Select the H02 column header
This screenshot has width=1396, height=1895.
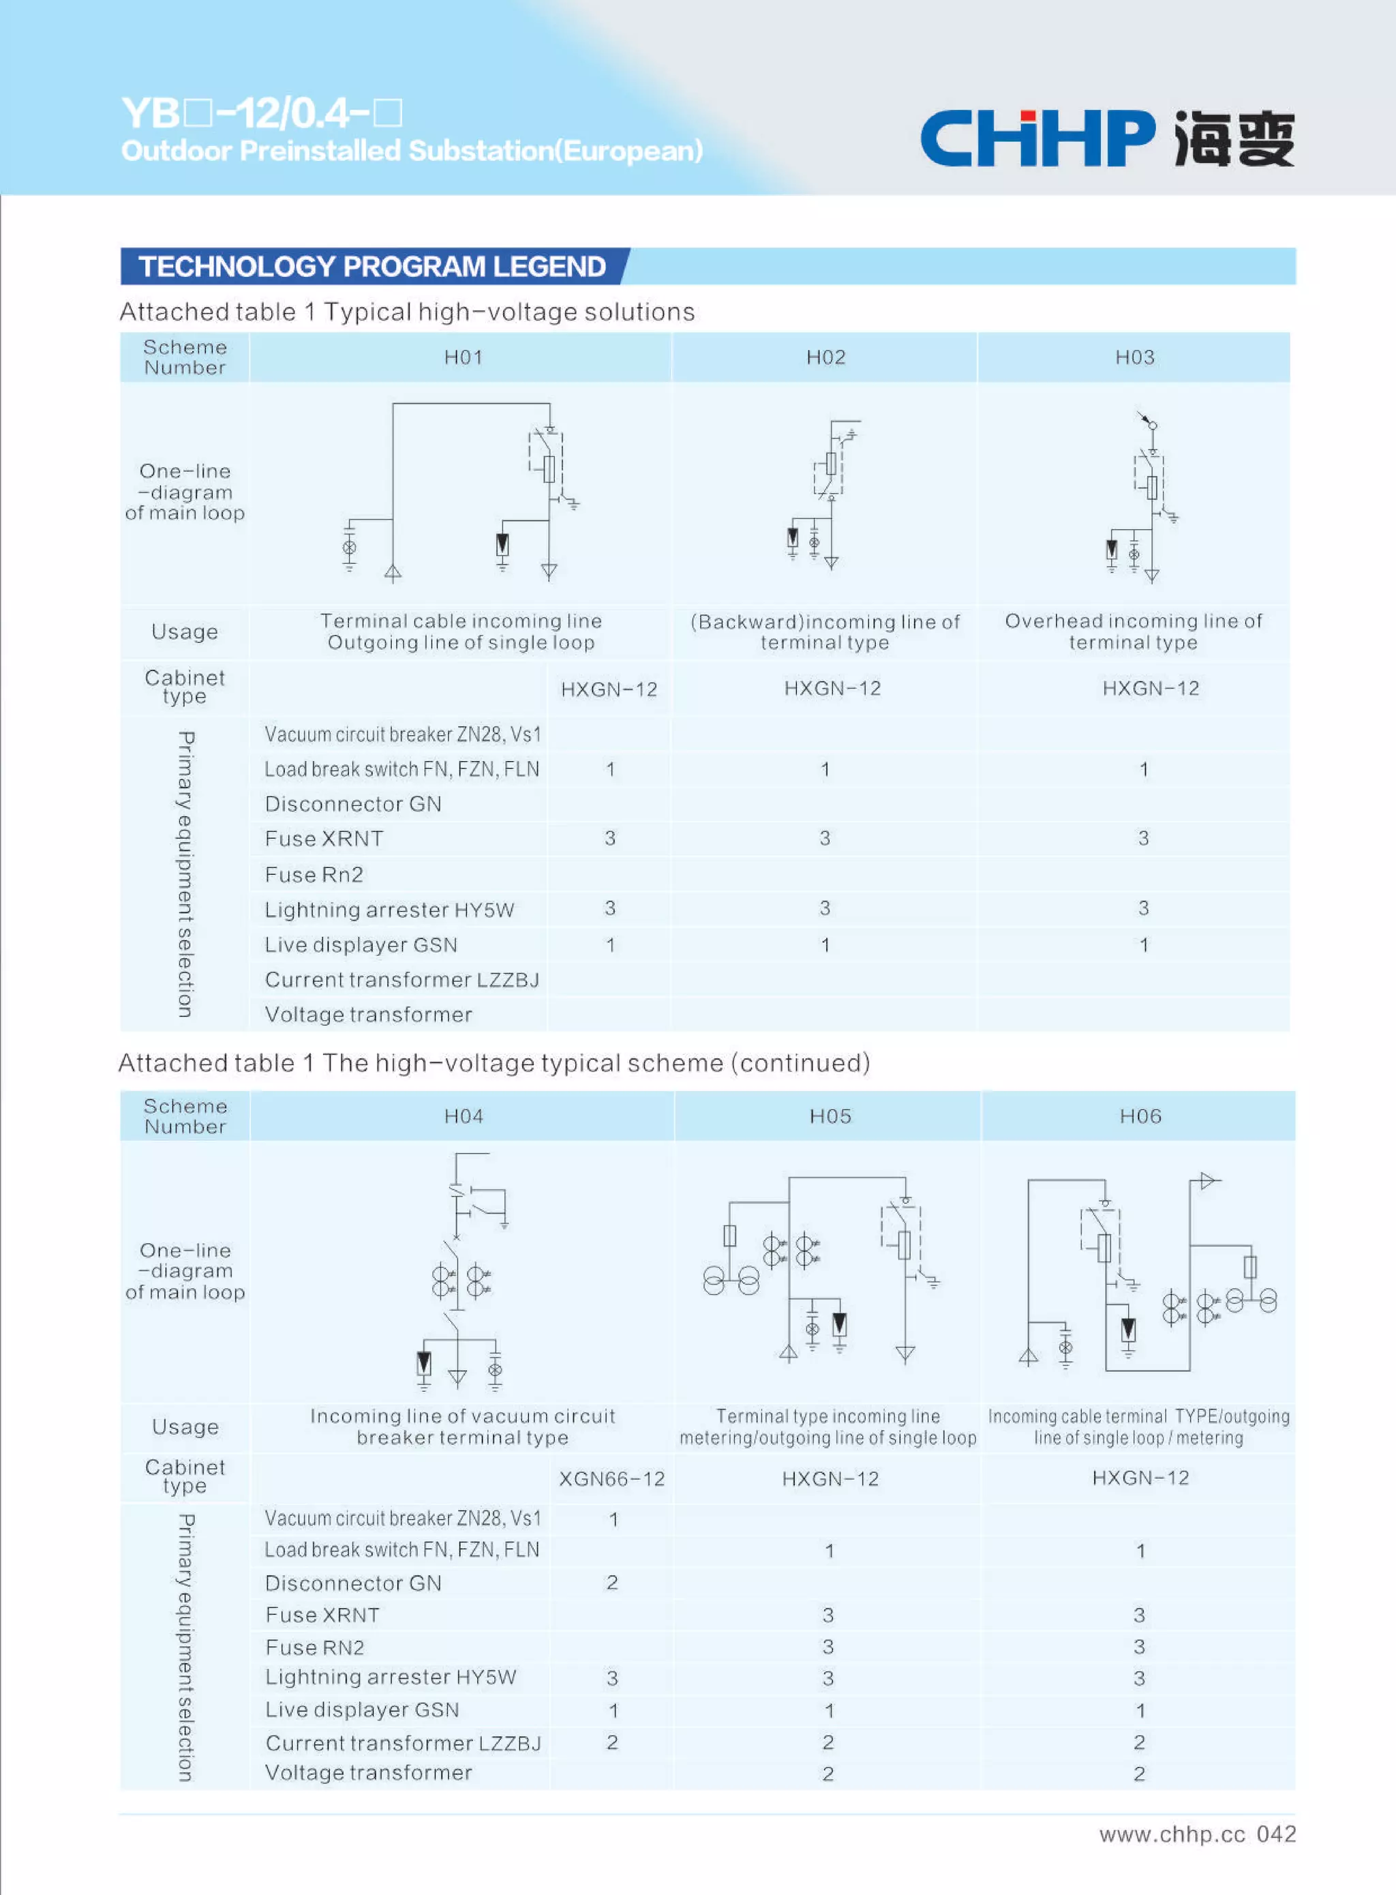point(825,357)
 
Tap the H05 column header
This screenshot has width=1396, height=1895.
point(830,1116)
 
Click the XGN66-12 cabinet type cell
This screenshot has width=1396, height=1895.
point(612,1478)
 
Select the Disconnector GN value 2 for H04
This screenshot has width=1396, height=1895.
point(612,1582)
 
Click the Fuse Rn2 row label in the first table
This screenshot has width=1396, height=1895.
point(314,874)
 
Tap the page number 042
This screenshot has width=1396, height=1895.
point(1276,1834)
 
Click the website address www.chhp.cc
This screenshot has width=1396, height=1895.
point(1171,1834)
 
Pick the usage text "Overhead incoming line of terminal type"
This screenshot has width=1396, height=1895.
point(1133,631)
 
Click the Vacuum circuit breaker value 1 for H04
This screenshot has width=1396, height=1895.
point(613,1519)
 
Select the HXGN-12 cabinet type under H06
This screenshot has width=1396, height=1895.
point(1140,1478)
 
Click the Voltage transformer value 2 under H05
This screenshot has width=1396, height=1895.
point(828,1774)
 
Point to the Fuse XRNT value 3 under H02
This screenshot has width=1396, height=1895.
point(825,837)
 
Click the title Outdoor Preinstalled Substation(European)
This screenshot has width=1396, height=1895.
point(412,151)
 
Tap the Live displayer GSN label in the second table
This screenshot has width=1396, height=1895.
point(362,1709)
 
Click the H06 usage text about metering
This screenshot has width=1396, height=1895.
point(1138,1427)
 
